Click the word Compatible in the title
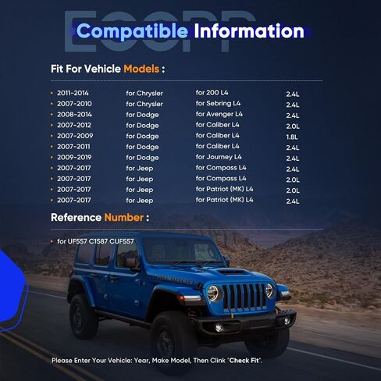pos(131,32)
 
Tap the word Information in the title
pos(248,32)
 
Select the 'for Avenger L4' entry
pos(222,114)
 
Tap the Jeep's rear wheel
pos(84,315)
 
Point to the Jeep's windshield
pos(183,250)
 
